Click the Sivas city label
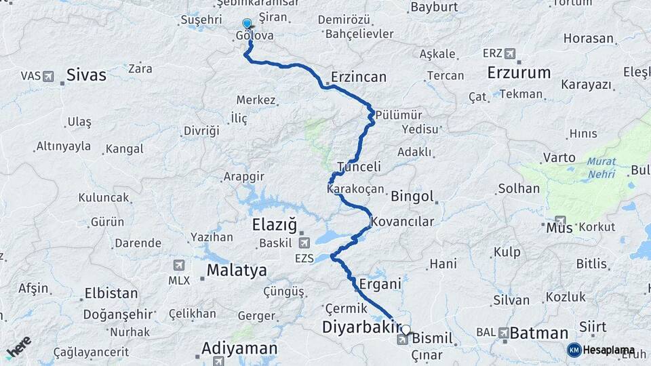tap(86, 75)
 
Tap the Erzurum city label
tap(519, 73)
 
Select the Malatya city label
tap(237, 270)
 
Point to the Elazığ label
tap(275, 224)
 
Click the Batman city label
tap(538, 333)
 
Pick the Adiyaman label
tap(239, 349)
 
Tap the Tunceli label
tap(359, 167)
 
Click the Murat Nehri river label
tap(601, 167)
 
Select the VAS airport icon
tap(48, 76)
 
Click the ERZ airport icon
tap(509, 54)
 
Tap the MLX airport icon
tap(178, 265)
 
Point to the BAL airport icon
tap(503, 333)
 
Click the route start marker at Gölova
tap(247, 24)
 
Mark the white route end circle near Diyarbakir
tap(406, 330)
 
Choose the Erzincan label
tap(359, 77)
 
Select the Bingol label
tap(412, 197)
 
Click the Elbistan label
tap(111, 294)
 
